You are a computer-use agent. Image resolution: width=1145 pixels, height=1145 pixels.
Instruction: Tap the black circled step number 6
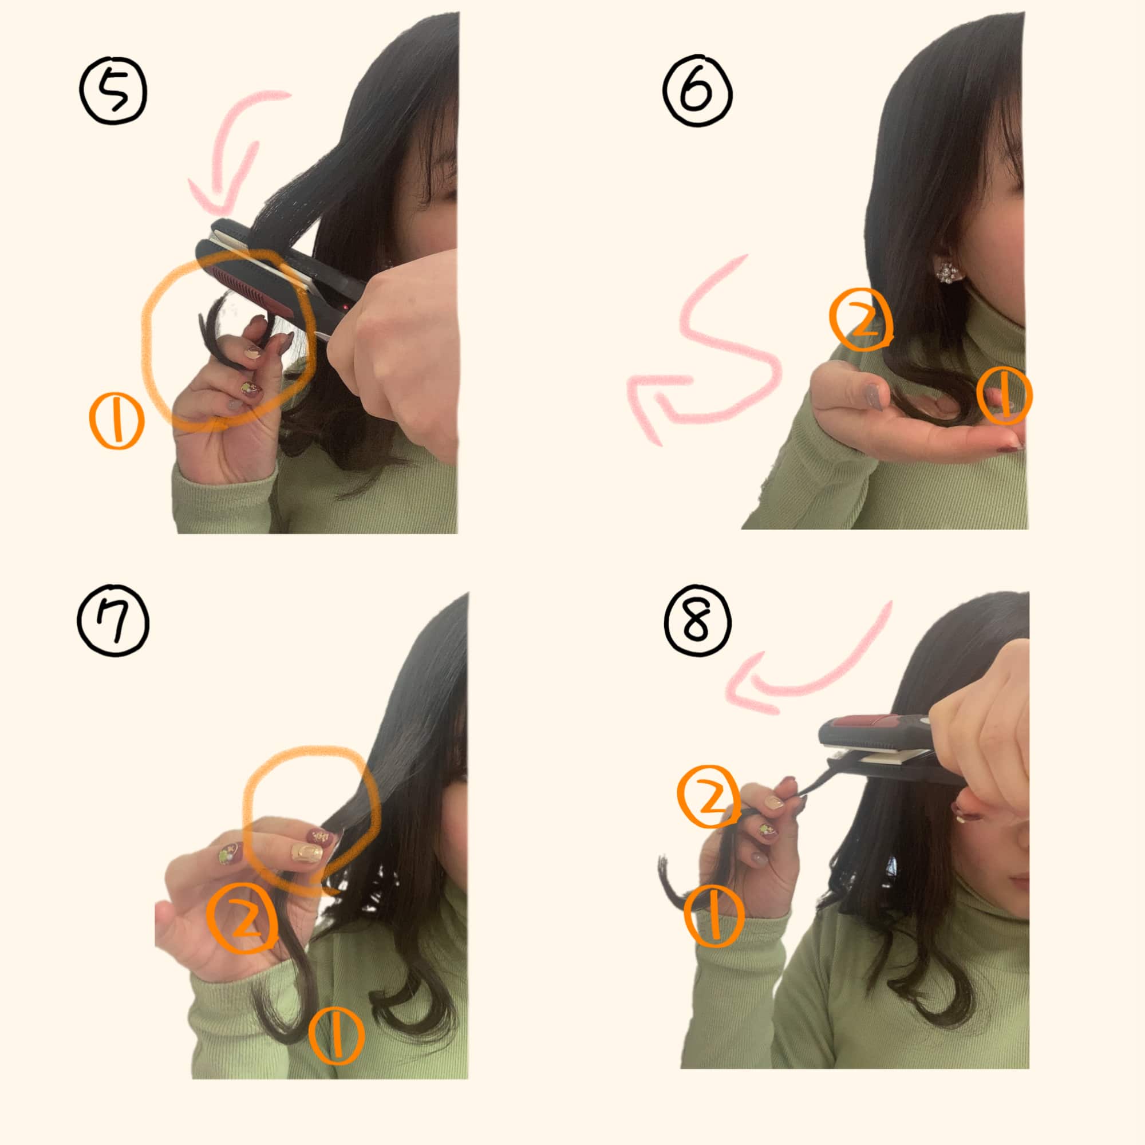pos(697,91)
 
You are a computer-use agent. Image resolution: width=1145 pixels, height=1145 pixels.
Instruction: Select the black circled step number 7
pos(113,623)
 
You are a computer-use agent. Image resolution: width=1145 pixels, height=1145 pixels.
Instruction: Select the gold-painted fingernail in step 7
pos(307,854)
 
